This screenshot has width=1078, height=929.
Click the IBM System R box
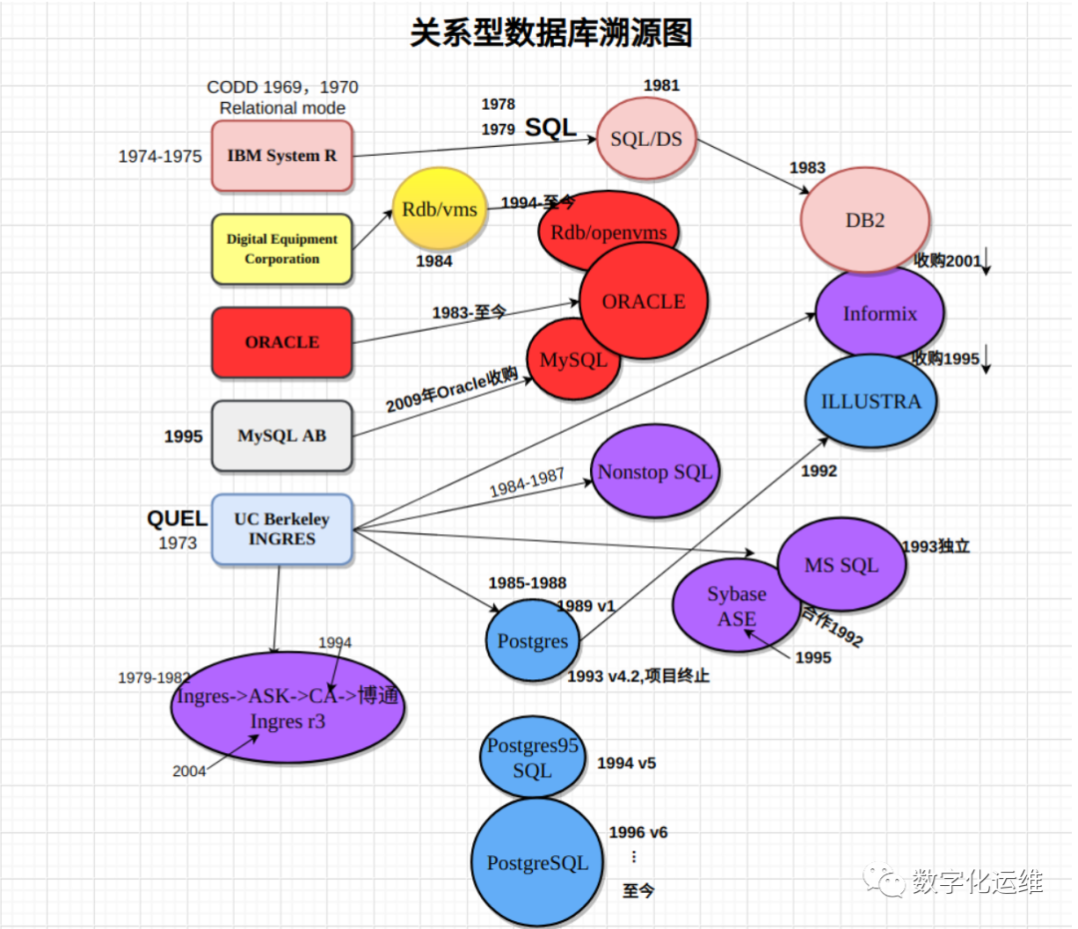281,156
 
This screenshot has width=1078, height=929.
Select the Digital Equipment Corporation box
281,250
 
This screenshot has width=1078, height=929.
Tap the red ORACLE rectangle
281,343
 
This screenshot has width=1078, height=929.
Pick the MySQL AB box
281,436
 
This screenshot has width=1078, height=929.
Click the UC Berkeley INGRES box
281,529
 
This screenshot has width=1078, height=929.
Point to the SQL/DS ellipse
646,139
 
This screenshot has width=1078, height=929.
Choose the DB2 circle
865,221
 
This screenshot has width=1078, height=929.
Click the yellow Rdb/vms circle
439,210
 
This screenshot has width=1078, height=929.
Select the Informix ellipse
879,313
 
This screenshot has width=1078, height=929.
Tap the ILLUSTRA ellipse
871,402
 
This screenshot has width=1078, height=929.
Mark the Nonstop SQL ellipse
655,472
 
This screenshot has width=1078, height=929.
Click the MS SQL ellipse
841,565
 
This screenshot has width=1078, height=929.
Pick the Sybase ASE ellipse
737,606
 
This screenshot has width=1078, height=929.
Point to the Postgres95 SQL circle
532,758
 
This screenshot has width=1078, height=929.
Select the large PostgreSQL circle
537,863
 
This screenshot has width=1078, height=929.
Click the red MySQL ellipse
573,361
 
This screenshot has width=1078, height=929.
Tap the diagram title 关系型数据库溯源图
551,33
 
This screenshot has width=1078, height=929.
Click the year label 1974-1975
160,156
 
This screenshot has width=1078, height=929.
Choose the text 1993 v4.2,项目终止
638,676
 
